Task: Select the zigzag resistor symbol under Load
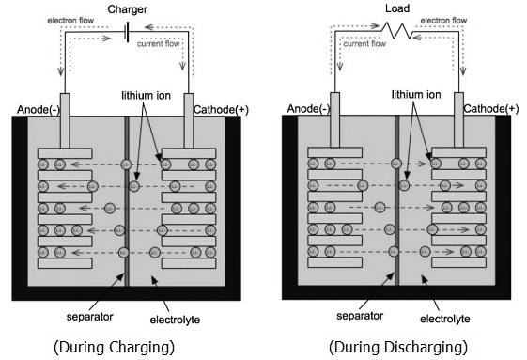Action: point(399,31)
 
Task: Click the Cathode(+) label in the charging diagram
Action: point(223,110)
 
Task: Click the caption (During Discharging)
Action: point(398,347)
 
